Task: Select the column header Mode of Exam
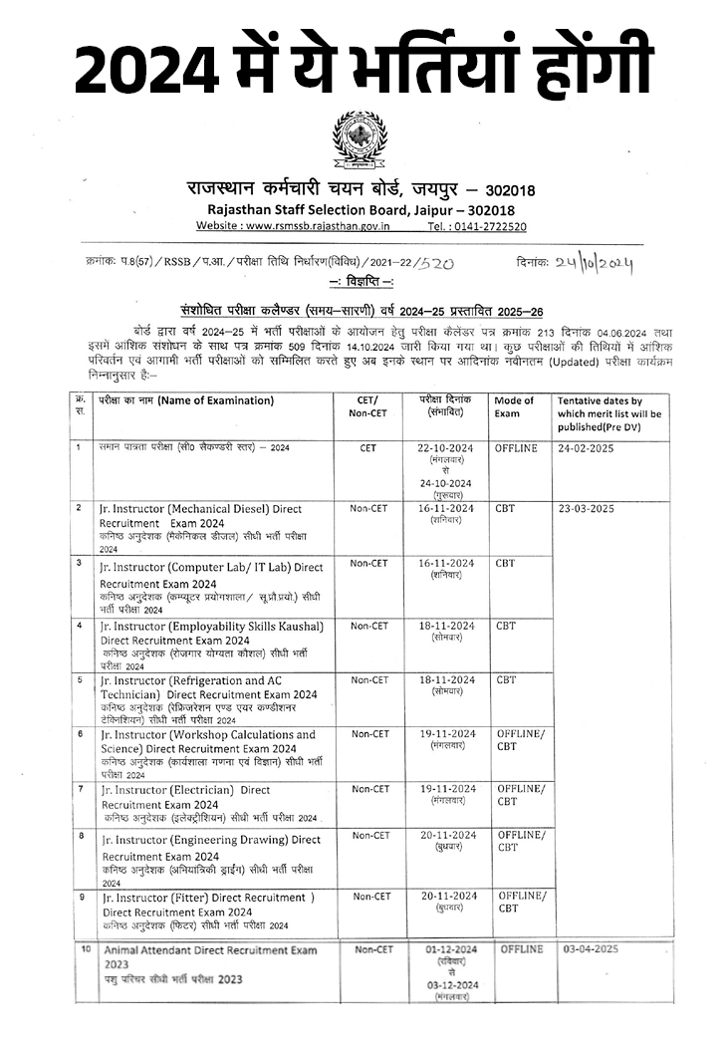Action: click(514, 406)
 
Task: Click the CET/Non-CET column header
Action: click(366, 406)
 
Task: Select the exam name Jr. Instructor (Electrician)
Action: click(184, 790)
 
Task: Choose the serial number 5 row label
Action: click(80, 679)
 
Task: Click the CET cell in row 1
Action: click(367, 448)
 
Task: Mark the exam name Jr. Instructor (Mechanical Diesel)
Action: click(200, 509)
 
